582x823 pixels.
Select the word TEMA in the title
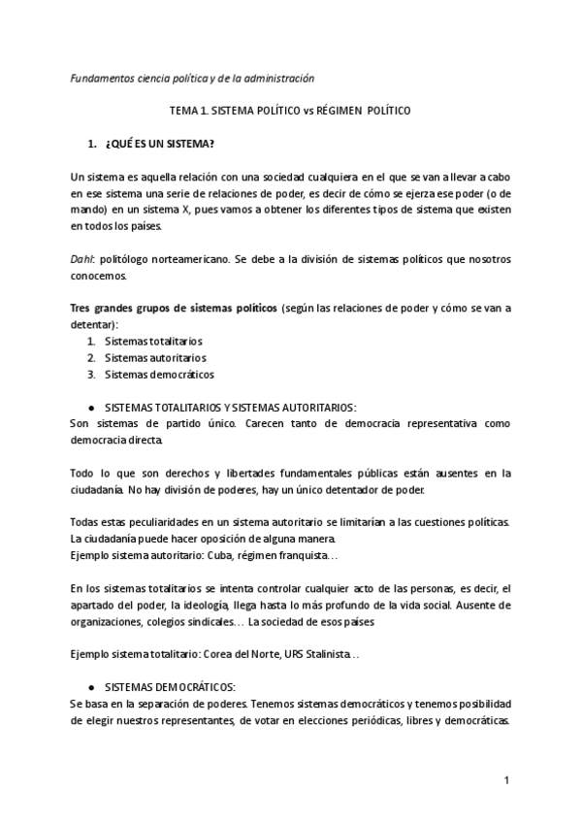185,111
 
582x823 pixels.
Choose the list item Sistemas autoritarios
155,357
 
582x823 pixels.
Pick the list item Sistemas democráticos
159,374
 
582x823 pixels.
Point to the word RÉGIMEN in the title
338,111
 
